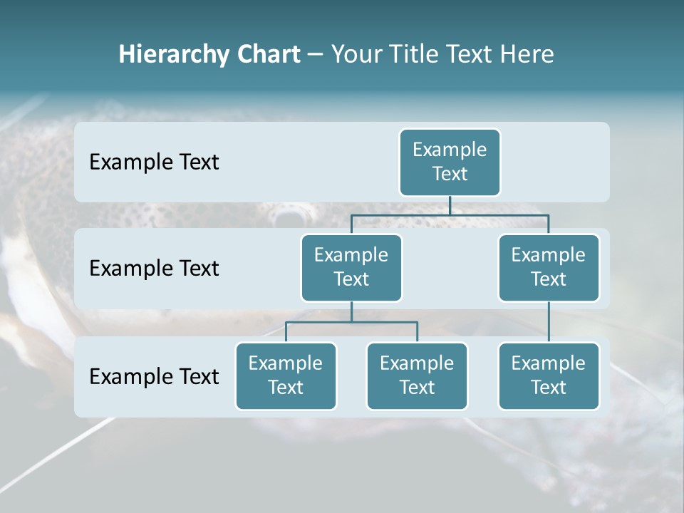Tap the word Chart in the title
point(267,54)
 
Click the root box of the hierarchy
point(450,162)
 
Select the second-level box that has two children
point(351,268)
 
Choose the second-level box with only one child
point(549,268)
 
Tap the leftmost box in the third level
point(286,376)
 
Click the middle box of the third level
point(417,376)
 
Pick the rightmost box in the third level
point(549,376)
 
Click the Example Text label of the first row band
point(154,162)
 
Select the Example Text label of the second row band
point(154,269)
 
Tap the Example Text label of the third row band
point(154,376)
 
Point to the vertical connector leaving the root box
point(450,205)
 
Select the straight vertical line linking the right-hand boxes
point(549,322)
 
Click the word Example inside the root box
point(450,150)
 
